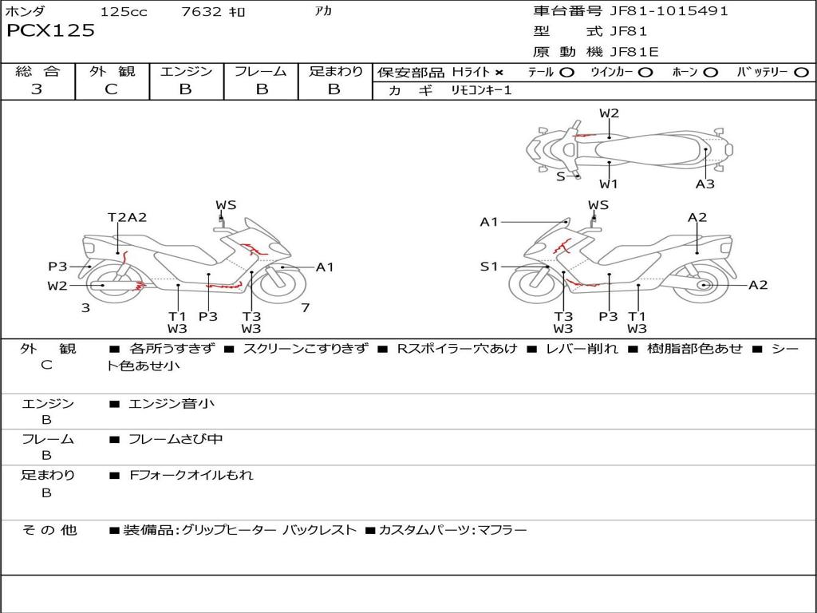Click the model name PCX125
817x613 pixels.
[x=50, y=30]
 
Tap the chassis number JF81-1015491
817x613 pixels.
[x=669, y=11]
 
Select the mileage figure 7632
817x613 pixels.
[x=201, y=11]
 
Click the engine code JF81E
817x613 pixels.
[x=634, y=52]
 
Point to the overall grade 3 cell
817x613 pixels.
[x=37, y=89]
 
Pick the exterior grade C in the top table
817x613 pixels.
[x=112, y=89]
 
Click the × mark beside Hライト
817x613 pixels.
[x=499, y=73]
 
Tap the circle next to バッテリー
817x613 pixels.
[x=801, y=73]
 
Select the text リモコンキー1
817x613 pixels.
[x=481, y=90]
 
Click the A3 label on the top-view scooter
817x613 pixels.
[x=705, y=184]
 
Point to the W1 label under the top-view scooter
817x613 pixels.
[x=609, y=184]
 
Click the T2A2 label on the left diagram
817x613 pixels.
[x=127, y=217]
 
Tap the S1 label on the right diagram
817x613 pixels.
[x=489, y=267]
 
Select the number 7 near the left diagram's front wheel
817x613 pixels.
[x=306, y=308]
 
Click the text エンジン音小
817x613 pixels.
[x=171, y=403]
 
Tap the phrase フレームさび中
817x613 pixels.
[x=176, y=440]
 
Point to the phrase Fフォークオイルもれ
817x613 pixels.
[x=191, y=475]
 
